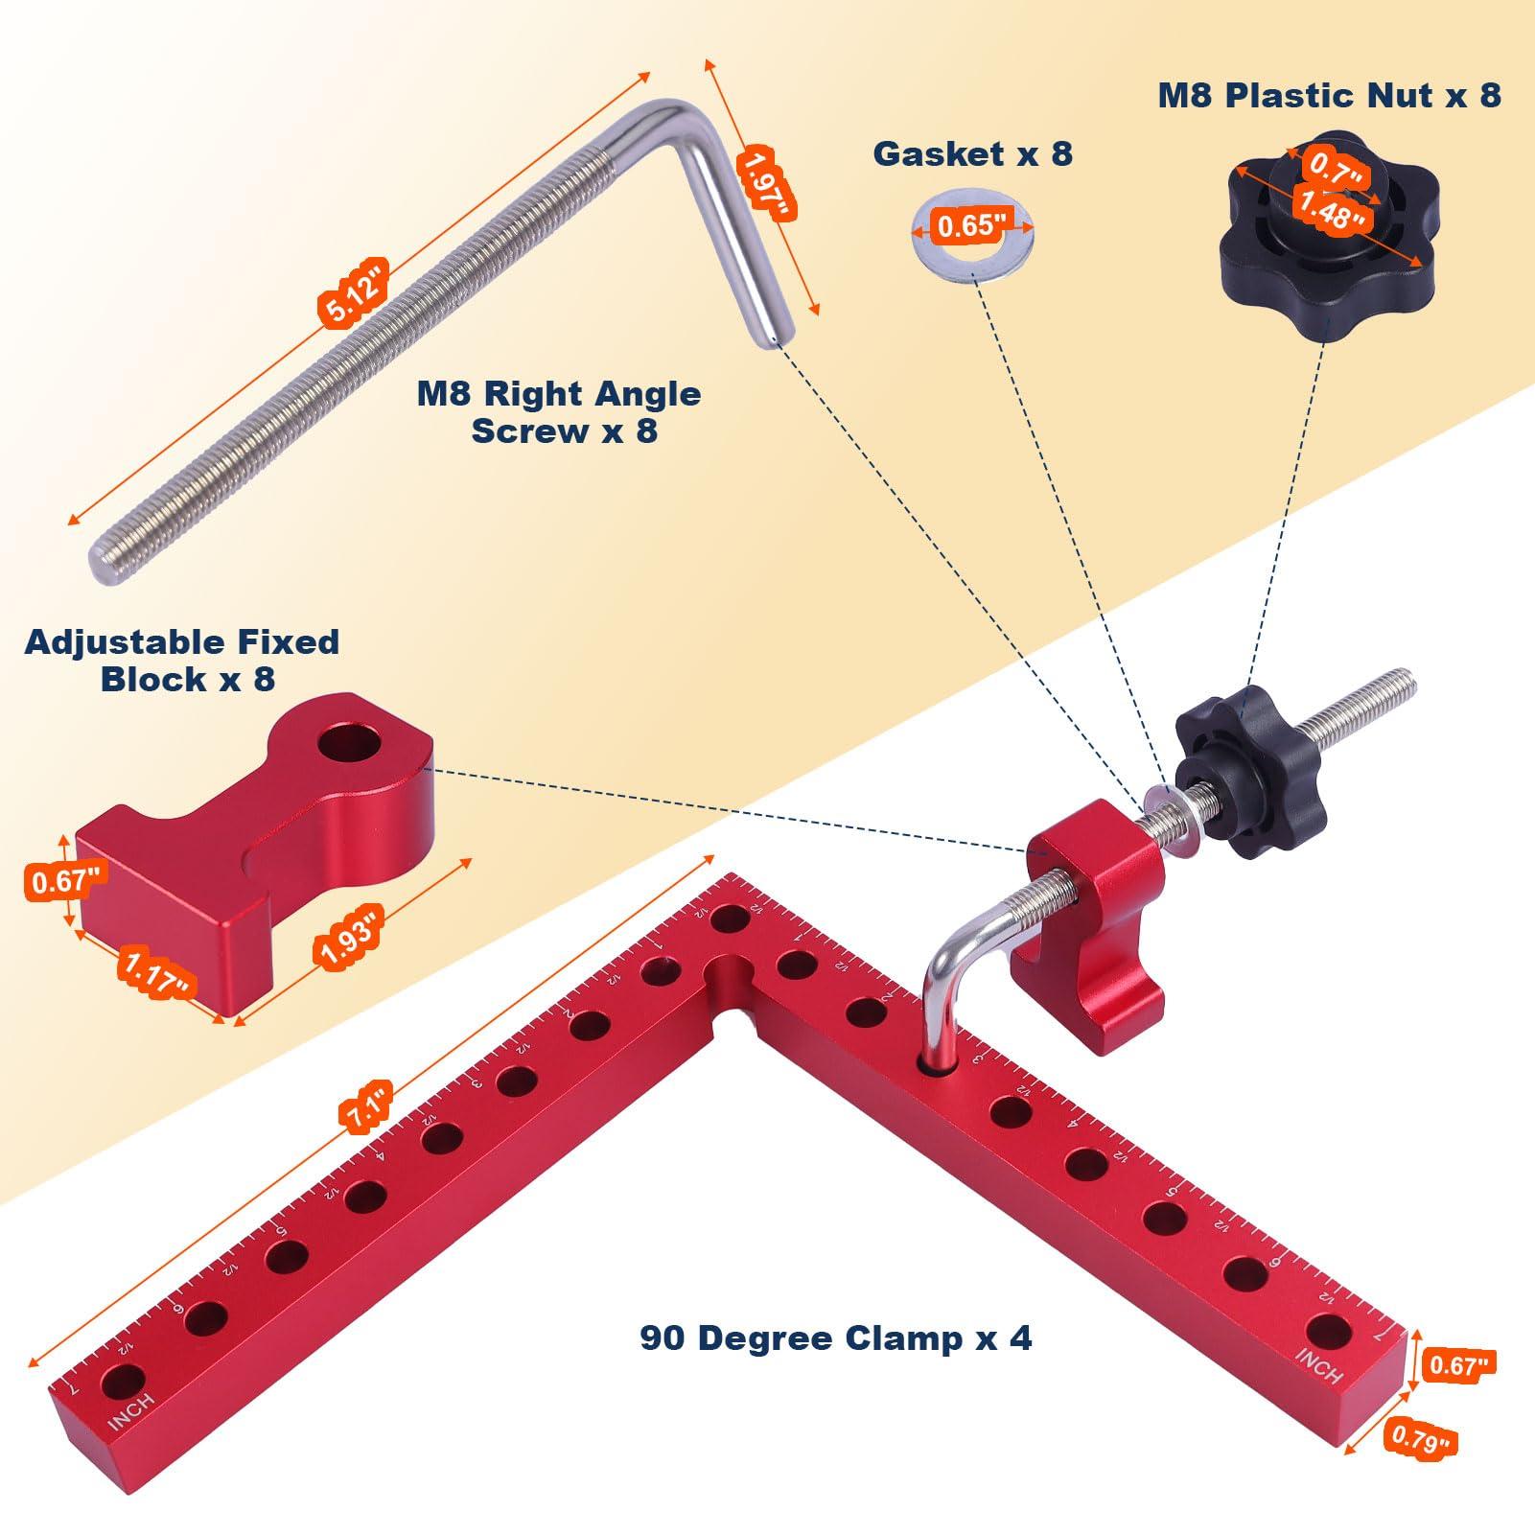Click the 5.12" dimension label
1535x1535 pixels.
click(352, 292)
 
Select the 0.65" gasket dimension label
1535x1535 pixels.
click(972, 226)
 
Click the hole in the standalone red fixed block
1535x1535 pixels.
click(347, 743)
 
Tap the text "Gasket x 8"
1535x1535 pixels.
click(972, 153)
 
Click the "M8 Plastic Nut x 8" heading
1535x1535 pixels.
click(1329, 95)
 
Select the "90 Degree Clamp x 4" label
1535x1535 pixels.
click(835, 1337)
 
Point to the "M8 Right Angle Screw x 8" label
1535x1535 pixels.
click(559, 412)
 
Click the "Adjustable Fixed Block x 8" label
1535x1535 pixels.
click(182, 660)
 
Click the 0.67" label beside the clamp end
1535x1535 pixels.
click(1455, 1364)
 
